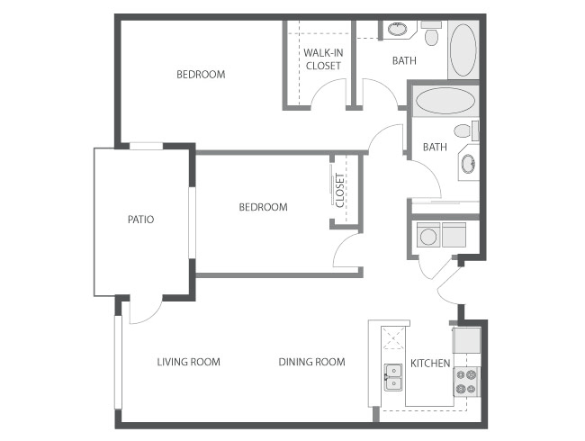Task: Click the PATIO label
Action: (x=140, y=220)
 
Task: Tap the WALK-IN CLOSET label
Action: (x=323, y=59)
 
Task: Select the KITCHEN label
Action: (x=430, y=363)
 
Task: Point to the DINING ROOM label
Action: (x=312, y=362)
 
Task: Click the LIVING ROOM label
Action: (x=188, y=362)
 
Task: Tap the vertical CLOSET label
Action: (x=340, y=190)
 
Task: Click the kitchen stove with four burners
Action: (x=466, y=382)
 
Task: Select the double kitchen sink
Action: (x=393, y=377)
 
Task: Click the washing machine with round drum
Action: (x=427, y=235)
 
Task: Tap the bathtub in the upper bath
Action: (x=463, y=50)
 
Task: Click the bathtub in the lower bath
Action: (x=445, y=101)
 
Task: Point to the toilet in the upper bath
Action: (x=432, y=33)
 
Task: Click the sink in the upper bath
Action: (x=398, y=29)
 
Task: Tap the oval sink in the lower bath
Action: (x=468, y=164)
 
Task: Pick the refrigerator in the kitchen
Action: (x=466, y=340)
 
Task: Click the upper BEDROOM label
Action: (x=201, y=75)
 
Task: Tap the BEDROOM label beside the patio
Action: (x=263, y=207)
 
